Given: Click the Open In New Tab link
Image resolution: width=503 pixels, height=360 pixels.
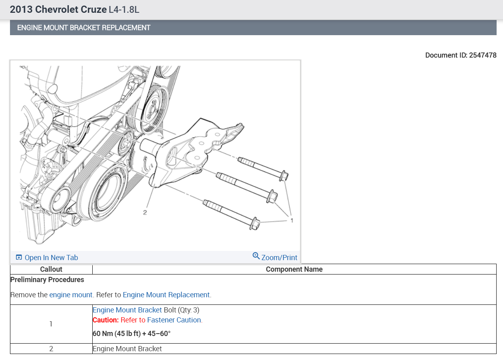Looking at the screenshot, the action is click(x=47, y=257).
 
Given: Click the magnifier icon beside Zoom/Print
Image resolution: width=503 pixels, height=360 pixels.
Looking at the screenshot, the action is click(x=256, y=256).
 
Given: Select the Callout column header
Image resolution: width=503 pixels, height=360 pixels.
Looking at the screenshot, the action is click(x=51, y=269).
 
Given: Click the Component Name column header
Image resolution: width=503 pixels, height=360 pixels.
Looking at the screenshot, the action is click(x=294, y=269).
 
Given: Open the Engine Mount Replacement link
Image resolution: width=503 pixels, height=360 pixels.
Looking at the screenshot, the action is click(x=166, y=294).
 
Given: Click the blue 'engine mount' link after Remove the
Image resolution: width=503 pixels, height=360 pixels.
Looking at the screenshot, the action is click(x=71, y=294).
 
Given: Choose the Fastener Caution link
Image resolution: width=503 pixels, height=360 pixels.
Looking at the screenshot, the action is click(x=174, y=320).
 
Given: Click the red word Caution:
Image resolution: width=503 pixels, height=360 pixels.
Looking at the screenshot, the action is click(x=105, y=320).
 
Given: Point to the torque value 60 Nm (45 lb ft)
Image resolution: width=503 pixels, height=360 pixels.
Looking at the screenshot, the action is click(x=117, y=334).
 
